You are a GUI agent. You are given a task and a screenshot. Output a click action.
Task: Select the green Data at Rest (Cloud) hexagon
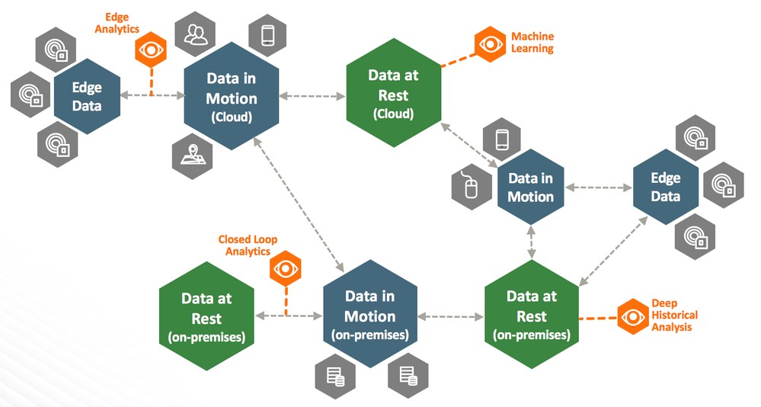click(x=393, y=95)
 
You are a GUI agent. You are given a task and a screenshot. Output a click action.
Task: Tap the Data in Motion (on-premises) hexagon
click(x=370, y=315)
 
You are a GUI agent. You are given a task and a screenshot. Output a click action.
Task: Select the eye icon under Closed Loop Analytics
click(x=286, y=268)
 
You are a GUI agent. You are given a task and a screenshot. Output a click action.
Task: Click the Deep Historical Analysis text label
click(x=674, y=315)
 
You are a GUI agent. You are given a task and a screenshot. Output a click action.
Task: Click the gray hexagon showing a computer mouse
click(x=470, y=186)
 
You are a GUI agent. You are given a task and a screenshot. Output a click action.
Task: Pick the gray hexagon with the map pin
click(x=190, y=153)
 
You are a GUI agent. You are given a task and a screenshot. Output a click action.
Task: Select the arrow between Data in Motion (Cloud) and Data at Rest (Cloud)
click(x=312, y=96)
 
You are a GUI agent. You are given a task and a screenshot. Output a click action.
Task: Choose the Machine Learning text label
click(x=532, y=43)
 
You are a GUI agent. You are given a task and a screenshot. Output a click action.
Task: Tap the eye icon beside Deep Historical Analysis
click(x=632, y=316)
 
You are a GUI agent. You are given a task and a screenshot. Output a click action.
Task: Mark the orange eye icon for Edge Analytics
click(x=151, y=50)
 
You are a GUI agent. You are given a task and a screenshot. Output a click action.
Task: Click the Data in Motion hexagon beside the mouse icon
click(x=531, y=187)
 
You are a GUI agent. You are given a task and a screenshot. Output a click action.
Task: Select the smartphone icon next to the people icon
click(x=267, y=35)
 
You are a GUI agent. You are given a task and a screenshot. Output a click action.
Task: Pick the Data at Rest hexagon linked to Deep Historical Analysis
click(x=532, y=315)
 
